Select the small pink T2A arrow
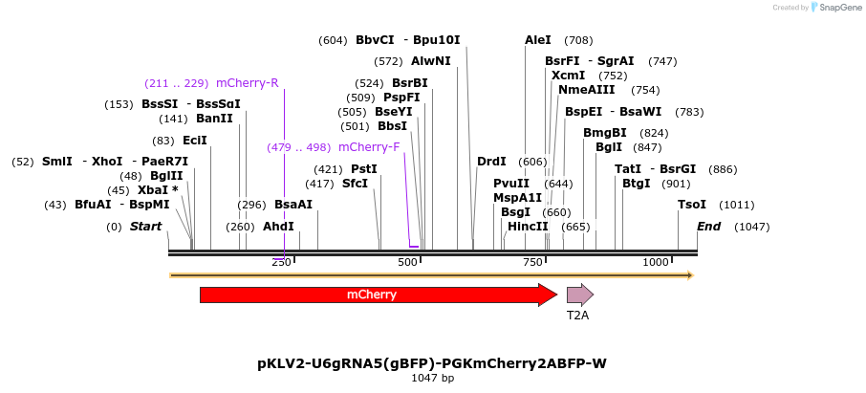pyautogui.click(x=579, y=295)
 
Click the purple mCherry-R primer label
pyautogui.click(x=248, y=82)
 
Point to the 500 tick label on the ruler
pyautogui.click(x=408, y=262)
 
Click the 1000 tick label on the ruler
pyautogui.click(x=656, y=262)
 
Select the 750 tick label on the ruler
pyautogui.click(x=531, y=262)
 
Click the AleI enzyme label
pyautogui.click(x=538, y=40)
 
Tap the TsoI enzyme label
pyautogui.click(x=692, y=205)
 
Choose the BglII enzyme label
pyautogui.click(x=166, y=176)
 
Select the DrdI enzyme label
pyautogui.click(x=491, y=162)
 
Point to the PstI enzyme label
pyautogui.click(x=364, y=169)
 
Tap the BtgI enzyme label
pyautogui.click(x=636, y=184)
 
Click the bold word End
pyautogui.click(x=708, y=227)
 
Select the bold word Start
pyautogui.click(x=145, y=227)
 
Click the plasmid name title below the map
pyautogui.click(x=432, y=363)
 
